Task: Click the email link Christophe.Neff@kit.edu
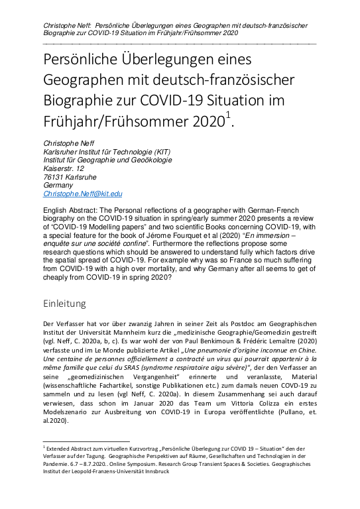pos(83,194)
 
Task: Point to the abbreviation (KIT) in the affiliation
pos(164,150)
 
